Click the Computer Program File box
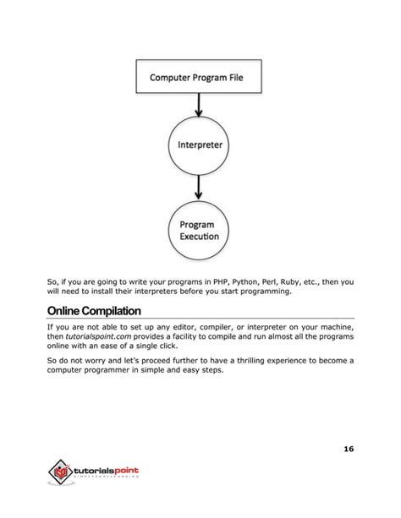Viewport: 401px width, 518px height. (200, 77)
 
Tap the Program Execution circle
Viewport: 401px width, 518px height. (200, 230)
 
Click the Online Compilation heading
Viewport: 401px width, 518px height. (94, 309)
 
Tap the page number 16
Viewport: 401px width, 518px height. (349, 448)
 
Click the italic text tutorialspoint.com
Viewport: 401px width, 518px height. (97, 336)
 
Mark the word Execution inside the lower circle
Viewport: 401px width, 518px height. (200, 237)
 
